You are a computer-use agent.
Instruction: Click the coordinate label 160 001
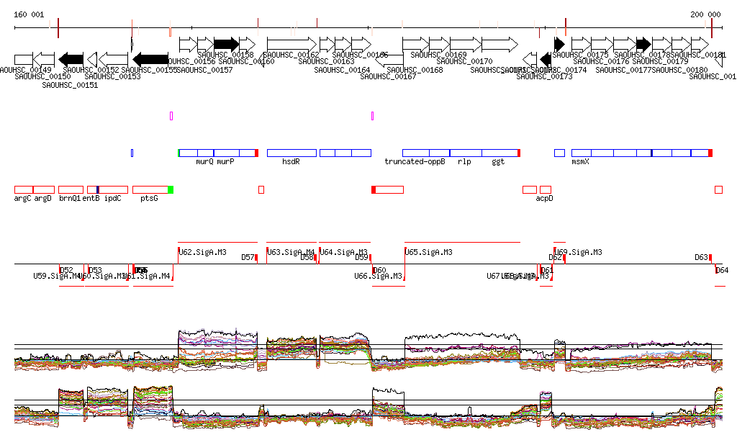[29, 14]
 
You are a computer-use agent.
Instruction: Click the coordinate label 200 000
[705, 14]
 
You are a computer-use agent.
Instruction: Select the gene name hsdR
[291, 162]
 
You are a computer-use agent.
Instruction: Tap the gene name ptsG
[149, 198]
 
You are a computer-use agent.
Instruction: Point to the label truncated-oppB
[415, 162]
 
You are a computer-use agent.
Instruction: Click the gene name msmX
[580, 162]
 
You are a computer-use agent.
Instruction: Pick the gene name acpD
[544, 198]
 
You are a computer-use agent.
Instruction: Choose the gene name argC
[23, 198]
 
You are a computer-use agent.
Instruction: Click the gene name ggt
[498, 162]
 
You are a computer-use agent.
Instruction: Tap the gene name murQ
[204, 162]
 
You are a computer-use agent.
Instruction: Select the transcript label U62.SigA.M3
[203, 252]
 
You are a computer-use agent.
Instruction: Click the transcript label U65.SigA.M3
[429, 252]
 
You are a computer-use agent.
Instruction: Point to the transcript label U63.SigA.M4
[290, 252]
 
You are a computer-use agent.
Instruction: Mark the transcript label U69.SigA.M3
[579, 252]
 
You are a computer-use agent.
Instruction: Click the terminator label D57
[248, 257]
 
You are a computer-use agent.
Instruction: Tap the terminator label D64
[722, 270]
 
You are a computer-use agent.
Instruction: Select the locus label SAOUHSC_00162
[291, 55]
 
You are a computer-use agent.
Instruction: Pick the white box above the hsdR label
[291, 153]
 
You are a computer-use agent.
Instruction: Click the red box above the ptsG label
[150, 189]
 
